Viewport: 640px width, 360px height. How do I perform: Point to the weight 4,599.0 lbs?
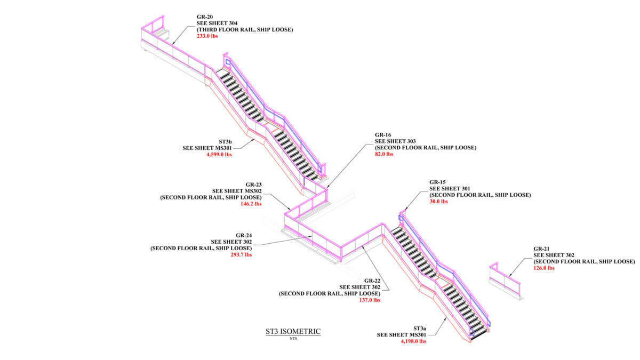coord(219,155)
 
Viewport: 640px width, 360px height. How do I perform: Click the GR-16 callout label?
coord(383,135)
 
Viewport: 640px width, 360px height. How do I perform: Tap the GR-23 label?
coord(253,185)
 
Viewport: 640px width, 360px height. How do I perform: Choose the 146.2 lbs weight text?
coord(251,204)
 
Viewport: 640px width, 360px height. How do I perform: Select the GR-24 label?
coord(244,235)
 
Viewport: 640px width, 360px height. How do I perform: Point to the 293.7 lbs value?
coord(241,254)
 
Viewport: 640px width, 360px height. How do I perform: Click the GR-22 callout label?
coord(372,281)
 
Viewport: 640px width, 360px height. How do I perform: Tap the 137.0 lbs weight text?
coord(369,300)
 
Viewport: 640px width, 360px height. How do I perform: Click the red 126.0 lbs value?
coord(544,268)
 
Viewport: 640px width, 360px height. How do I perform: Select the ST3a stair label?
coord(419,328)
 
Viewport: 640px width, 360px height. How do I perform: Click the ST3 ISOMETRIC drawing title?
coord(293,331)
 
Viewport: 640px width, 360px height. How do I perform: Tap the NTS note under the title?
coord(293,338)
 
